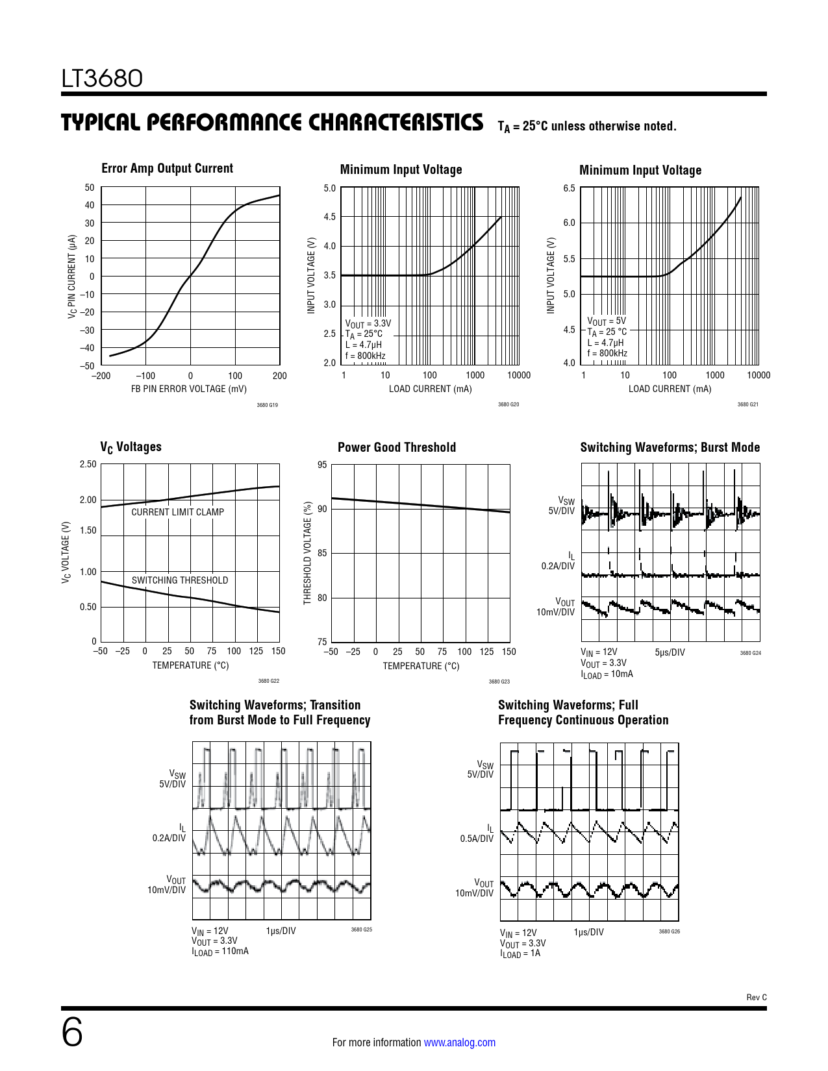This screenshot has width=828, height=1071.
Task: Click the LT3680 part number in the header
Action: pyautogui.click(x=102, y=79)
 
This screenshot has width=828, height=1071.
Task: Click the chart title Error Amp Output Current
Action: pyautogui.click(x=167, y=169)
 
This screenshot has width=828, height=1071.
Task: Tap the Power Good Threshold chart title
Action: pyautogui.click(x=397, y=447)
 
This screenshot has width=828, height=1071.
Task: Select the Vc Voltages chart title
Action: pyautogui.click(x=131, y=447)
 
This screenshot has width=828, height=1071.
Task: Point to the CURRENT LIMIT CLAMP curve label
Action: pyautogui.click(x=177, y=512)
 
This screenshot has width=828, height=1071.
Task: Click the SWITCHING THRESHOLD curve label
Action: pyautogui.click(x=180, y=580)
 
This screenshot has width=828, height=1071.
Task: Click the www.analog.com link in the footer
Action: pyautogui.click(x=460, y=1042)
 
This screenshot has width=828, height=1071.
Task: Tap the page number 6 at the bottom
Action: pyautogui.click(x=72, y=1033)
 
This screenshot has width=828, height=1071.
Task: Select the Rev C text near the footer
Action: pyautogui.click(x=757, y=997)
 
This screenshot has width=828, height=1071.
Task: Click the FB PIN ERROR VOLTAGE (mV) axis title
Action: pyautogui.click(x=189, y=389)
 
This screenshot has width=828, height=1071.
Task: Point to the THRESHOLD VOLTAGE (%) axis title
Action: pyautogui.click(x=308, y=553)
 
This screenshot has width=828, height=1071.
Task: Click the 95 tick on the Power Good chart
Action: pyautogui.click(x=322, y=465)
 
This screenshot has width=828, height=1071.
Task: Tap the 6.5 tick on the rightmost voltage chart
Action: pyautogui.click(x=569, y=188)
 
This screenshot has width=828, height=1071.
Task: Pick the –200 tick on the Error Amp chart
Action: pyautogui.click(x=101, y=376)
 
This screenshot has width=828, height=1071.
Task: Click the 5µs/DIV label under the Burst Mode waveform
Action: pyautogui.click(x=670, y=652)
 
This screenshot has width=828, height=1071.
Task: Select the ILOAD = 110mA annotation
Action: pyautogui.click(x=220, y=951)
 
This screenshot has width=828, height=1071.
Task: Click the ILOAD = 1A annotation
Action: pyautogui.click(x=520, y=954)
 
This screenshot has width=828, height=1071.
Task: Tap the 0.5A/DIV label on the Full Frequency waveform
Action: pyautogui.click(x=477, y=839)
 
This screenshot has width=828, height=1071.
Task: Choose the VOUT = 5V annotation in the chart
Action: pyautogui.click(x=607, y=321)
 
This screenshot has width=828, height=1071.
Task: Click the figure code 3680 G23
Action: pyautogui.click(x=499, y=682)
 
